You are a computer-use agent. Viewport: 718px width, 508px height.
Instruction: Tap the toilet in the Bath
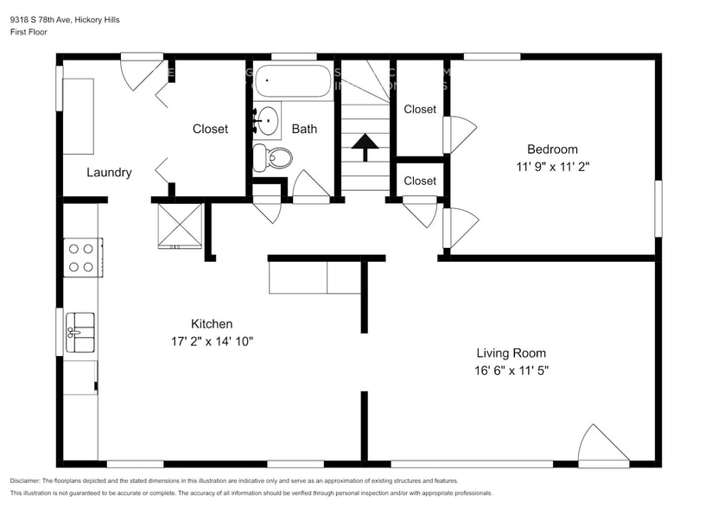(x=274, y=158)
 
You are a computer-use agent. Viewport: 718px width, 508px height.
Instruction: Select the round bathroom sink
(x=268, y=120)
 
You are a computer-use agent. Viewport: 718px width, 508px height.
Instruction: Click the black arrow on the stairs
(x=365, y=146)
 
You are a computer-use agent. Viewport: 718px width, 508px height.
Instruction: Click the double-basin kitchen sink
(x=81, y=332)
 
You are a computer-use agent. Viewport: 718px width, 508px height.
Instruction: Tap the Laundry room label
(x=109, y=172)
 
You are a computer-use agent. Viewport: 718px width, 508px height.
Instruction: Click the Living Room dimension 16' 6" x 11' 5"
(x=511, y=370)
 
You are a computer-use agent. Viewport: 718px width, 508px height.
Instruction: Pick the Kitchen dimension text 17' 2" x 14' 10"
(x=212, y=340)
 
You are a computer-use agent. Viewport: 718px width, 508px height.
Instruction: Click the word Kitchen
(x=212, y=323)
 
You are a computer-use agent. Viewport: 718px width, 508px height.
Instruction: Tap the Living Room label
(x=511, y=352)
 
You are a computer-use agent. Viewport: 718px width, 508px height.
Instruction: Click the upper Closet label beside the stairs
(x=420, y=109)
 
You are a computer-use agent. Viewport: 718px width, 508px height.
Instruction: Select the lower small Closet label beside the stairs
(x=420, y=181)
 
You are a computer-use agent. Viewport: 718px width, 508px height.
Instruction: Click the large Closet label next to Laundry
(x=210, y=129)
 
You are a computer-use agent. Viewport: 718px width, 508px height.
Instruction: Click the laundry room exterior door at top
(x=140, y=71)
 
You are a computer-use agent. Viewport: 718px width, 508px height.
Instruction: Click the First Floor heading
(x=29, y=32)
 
